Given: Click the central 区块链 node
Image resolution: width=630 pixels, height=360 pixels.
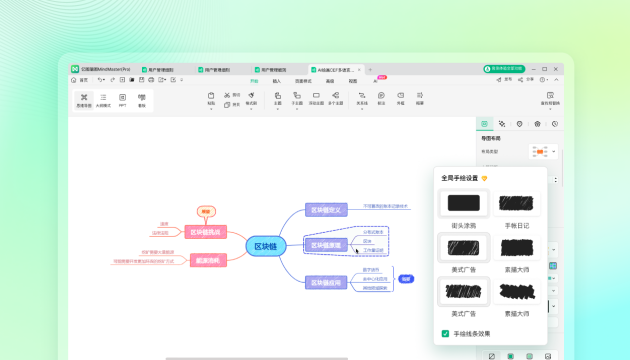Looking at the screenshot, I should (x=266, y=246).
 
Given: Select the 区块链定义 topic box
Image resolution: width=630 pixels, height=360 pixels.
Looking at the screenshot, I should (x=326, y=210).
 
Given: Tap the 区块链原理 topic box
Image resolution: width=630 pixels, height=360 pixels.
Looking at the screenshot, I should (x=326, y=245).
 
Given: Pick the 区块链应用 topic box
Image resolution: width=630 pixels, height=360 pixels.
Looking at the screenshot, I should (x=326, y=283).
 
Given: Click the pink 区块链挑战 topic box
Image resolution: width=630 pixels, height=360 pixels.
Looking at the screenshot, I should (x=205, y=232).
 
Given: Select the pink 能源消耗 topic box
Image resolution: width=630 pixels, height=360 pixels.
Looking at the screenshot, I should (x=205, y=260).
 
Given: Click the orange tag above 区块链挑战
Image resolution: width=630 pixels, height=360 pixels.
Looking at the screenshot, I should (x=205, y=211).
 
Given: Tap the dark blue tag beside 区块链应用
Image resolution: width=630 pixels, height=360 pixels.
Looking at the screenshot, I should (x=406, y=279).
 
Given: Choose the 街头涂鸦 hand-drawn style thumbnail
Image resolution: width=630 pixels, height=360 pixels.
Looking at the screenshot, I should (x=463, y=204).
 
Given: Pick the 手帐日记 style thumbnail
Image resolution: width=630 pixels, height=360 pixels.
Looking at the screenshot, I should (x=517, y=204).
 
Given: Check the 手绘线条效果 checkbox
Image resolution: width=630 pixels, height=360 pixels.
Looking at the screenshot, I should (x=446, y=334).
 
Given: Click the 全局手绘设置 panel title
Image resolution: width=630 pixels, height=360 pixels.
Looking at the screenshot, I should (x=459, y=178).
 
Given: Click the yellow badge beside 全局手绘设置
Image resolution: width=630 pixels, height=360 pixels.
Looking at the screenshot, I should (x=485, y=178).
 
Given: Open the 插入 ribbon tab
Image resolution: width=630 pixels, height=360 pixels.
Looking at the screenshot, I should (x=277, y=81).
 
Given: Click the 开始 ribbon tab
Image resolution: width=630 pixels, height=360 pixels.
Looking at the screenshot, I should (x=254, y=81).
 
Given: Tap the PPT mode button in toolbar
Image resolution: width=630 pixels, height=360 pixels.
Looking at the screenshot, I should (x=123, y=99).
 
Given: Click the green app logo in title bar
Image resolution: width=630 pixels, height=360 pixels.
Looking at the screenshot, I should (x=75, y=69).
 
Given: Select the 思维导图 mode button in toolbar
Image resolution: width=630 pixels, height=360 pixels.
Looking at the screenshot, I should (x=84, y=99).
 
